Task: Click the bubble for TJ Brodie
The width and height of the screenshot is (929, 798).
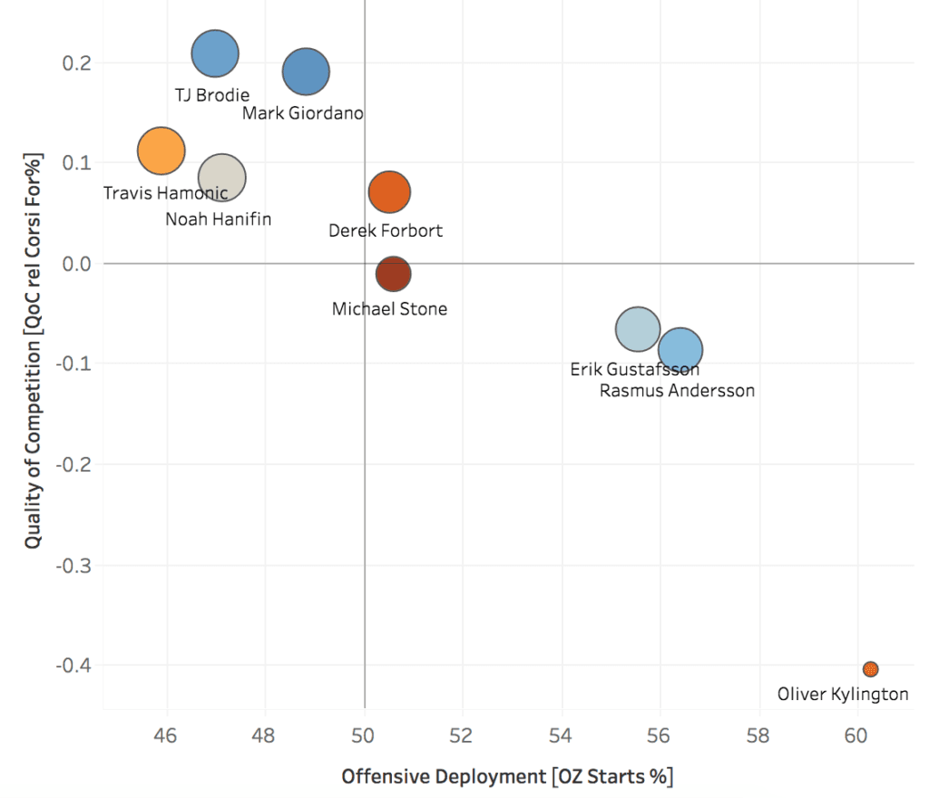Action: (215, 54)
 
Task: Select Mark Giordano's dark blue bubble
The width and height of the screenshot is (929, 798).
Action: (306, 73)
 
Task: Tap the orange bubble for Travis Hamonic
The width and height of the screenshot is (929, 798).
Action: (161, 151)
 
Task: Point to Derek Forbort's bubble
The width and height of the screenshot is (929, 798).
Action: (390, 191)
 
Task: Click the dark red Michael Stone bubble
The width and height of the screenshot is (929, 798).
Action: (393, 274)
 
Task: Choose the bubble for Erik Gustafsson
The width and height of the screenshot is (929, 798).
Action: (638, 329)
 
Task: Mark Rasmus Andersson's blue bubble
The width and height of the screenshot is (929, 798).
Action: (680, 350)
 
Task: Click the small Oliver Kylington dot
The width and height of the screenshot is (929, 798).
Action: (871, 669)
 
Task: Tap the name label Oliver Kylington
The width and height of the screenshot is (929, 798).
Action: (843, 695)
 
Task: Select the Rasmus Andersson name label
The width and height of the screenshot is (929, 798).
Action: (677, 391)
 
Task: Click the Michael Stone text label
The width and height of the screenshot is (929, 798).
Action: (389, 309)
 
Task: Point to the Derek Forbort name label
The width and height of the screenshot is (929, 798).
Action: (386, 231)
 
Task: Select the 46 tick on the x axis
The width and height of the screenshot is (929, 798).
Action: (166, 731)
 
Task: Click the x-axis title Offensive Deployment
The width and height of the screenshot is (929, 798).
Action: (507, 777)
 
